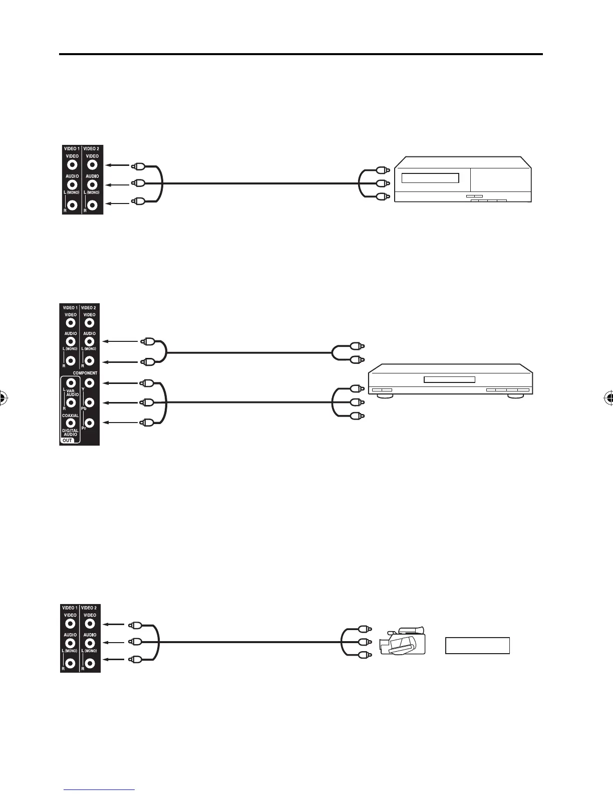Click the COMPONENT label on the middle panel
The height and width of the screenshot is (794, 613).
coord(85,373)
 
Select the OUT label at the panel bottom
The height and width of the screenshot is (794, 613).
coord(68,441)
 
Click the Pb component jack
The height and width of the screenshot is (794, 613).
coord(89,403)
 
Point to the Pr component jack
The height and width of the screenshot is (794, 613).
coord(89,423)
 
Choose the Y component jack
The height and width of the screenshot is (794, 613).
coord(89,383)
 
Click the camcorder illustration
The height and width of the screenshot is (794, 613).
coord(403,641)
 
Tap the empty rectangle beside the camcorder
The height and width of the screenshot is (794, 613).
coord(477,646)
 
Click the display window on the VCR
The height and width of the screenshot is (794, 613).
coord(431,179)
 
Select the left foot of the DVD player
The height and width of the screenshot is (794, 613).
coord(383,396)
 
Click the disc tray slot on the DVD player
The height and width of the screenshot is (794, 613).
coord(449,379)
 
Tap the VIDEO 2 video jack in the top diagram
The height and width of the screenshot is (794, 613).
coord(92,164)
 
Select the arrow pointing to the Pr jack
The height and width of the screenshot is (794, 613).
coord(120,423)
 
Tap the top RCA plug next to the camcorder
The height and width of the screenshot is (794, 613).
coord(364,628)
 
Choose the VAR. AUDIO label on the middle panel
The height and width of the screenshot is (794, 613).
coord(73,392)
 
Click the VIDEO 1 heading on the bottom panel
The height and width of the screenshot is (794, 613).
coord(70,608)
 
